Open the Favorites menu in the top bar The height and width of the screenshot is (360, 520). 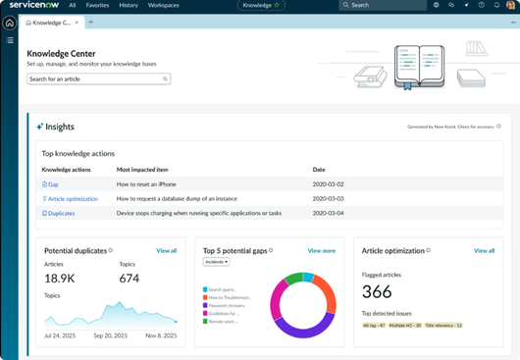point(97,5)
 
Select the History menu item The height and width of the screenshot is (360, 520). point(129,5)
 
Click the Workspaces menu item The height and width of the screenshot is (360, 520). point(163,5)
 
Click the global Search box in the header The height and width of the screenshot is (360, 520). point(383,5)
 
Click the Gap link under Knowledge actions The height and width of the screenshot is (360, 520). point(53,184)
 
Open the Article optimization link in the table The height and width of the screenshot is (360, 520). point(72,199)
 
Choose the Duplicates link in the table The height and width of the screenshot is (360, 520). point(61,213)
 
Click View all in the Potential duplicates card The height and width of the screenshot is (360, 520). point(167,251)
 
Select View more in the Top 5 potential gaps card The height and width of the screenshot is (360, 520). point(321,251)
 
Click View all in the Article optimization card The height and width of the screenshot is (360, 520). point(484,251)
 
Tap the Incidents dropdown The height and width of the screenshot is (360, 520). point(216,262)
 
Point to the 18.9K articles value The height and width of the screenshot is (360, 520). point(59,279)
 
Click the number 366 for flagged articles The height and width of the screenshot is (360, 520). point(377,291)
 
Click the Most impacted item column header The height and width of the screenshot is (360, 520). point(145,170)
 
